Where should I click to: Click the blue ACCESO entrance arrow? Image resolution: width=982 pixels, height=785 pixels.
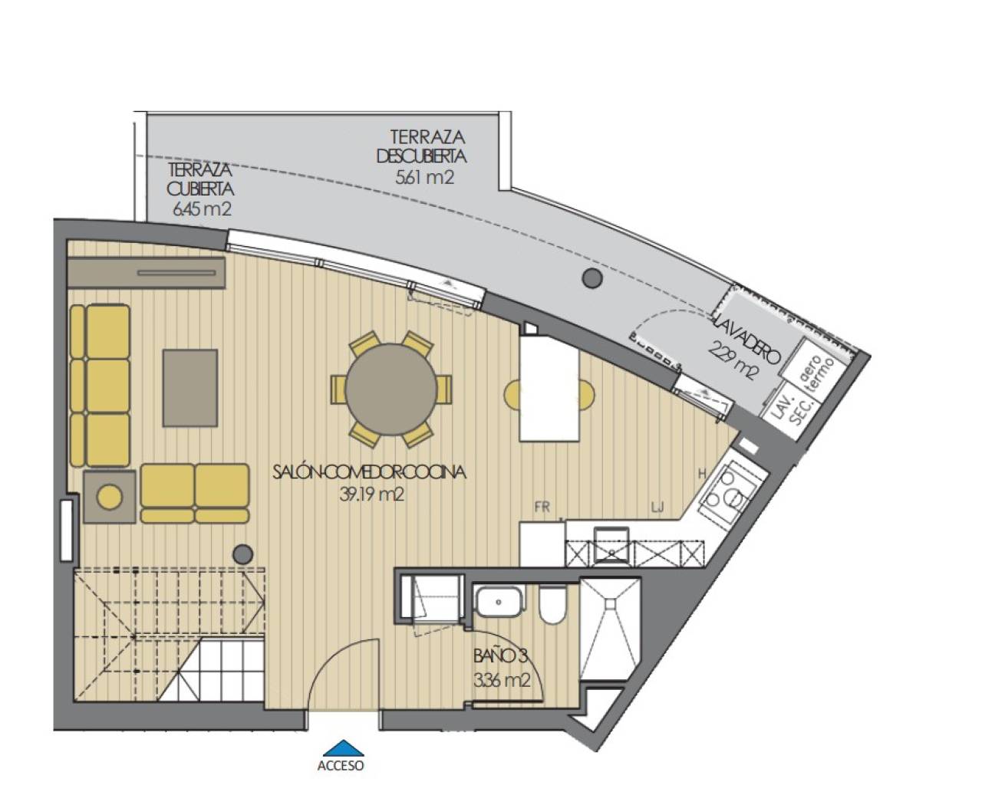(x=340, y=747)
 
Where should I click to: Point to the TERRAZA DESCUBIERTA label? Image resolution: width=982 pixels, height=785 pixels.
(x=421, y=146)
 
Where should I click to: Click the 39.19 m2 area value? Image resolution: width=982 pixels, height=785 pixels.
(x=371, y=494)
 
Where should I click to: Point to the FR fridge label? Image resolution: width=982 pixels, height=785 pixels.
(x=542, y=506)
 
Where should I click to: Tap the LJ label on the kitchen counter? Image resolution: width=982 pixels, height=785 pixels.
(x=657, y=506)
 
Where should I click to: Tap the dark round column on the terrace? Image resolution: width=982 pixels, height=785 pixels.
(x=591, y=278)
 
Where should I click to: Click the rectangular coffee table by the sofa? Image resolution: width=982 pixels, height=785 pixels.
(x=189, y=388)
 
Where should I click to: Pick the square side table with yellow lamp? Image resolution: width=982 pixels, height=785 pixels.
(x=110, y=497)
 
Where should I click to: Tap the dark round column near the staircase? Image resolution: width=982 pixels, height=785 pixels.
(x=243, y=553)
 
